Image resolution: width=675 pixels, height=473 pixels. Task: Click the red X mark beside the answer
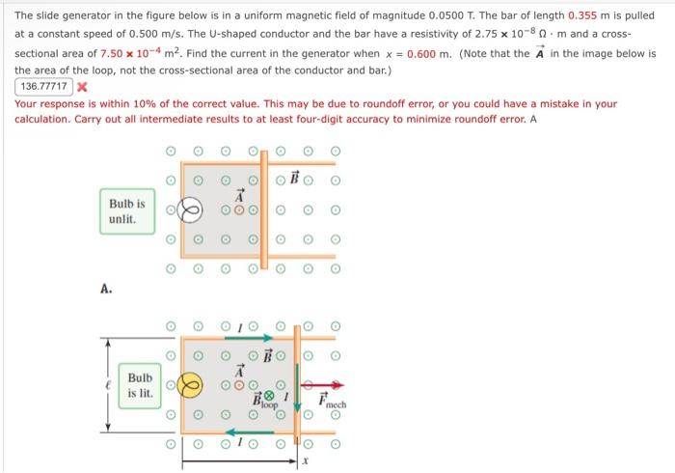point(82,86)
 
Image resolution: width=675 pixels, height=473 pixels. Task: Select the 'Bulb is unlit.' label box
point(126,211)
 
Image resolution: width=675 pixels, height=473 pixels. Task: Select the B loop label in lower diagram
point(262,402)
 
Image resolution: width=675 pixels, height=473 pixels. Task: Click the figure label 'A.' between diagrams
point(106,287)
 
